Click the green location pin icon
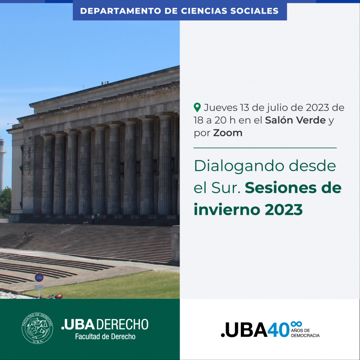197,108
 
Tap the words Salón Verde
295,120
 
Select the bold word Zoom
228,133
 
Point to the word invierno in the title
227,209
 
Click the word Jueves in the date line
220,108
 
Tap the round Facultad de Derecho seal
38,328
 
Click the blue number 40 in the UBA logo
278,330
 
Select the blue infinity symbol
296,324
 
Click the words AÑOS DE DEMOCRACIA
305,333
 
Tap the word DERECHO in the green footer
122,324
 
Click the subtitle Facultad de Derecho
105,336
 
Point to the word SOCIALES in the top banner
254,11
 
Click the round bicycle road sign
39,277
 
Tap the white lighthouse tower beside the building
2,163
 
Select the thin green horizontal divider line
265,148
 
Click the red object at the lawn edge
58,296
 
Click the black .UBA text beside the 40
244,330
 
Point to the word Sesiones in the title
280,188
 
